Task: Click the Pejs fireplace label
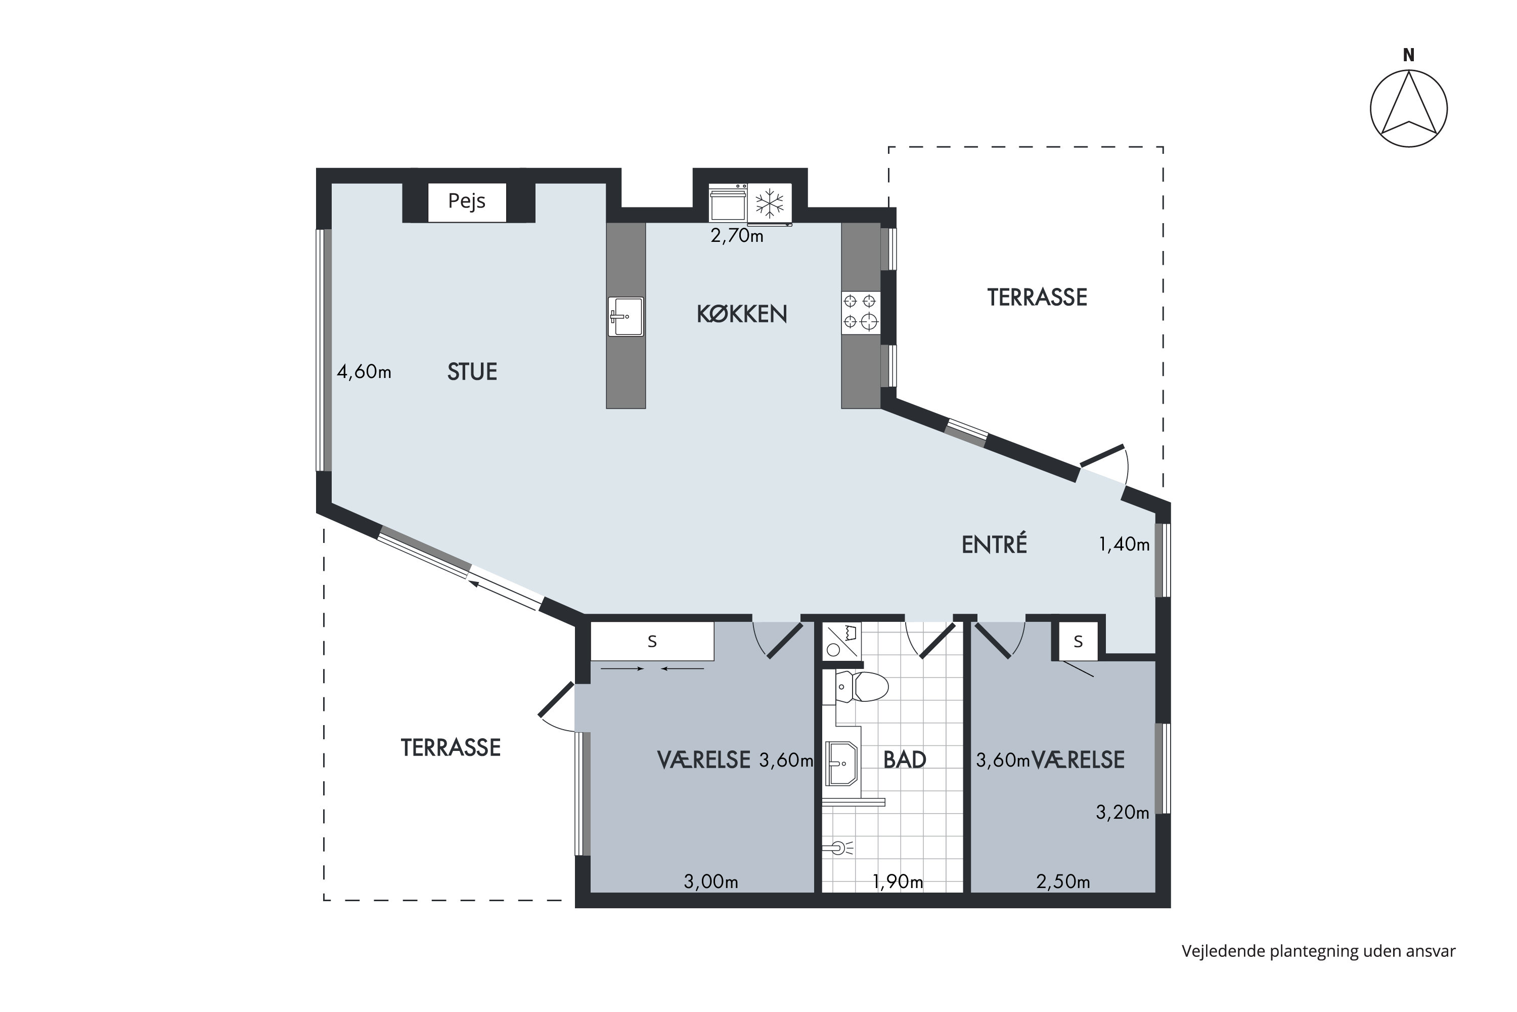(466, 201)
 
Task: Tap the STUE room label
(472, 372)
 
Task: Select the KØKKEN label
(742, 314)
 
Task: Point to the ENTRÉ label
(994, 545)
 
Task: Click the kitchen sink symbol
(626, 316)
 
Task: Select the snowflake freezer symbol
(770, 203)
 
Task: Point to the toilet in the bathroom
(862, 687)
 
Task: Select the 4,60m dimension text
(364, 372)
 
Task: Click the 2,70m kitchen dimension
(737, 236)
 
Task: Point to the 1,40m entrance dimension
(1124, 545)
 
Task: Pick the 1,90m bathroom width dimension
(897, 881)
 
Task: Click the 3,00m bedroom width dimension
(711, 881)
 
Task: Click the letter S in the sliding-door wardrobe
(652, 642)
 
